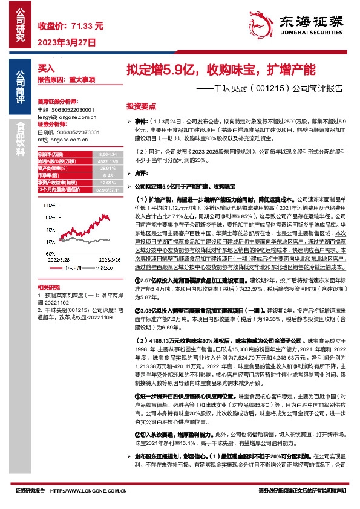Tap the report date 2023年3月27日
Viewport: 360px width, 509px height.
[x=67, y=43]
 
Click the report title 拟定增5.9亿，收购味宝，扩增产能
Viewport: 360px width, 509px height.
[x=220, y=69]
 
